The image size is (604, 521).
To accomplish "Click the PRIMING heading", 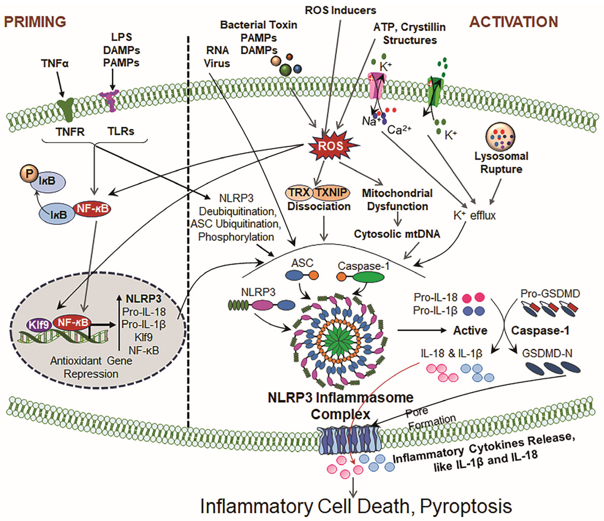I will point(35,22).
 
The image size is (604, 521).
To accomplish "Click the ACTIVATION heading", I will point(514,22).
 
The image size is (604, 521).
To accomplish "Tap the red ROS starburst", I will point(330,146).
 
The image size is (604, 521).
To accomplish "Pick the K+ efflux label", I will point(474,215).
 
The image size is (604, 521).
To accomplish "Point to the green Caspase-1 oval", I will point(368,277).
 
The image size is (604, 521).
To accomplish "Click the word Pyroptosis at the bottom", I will point(465,506).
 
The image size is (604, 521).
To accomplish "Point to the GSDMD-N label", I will point(547,353).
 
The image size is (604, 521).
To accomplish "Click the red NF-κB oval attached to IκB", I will point(93,209).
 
